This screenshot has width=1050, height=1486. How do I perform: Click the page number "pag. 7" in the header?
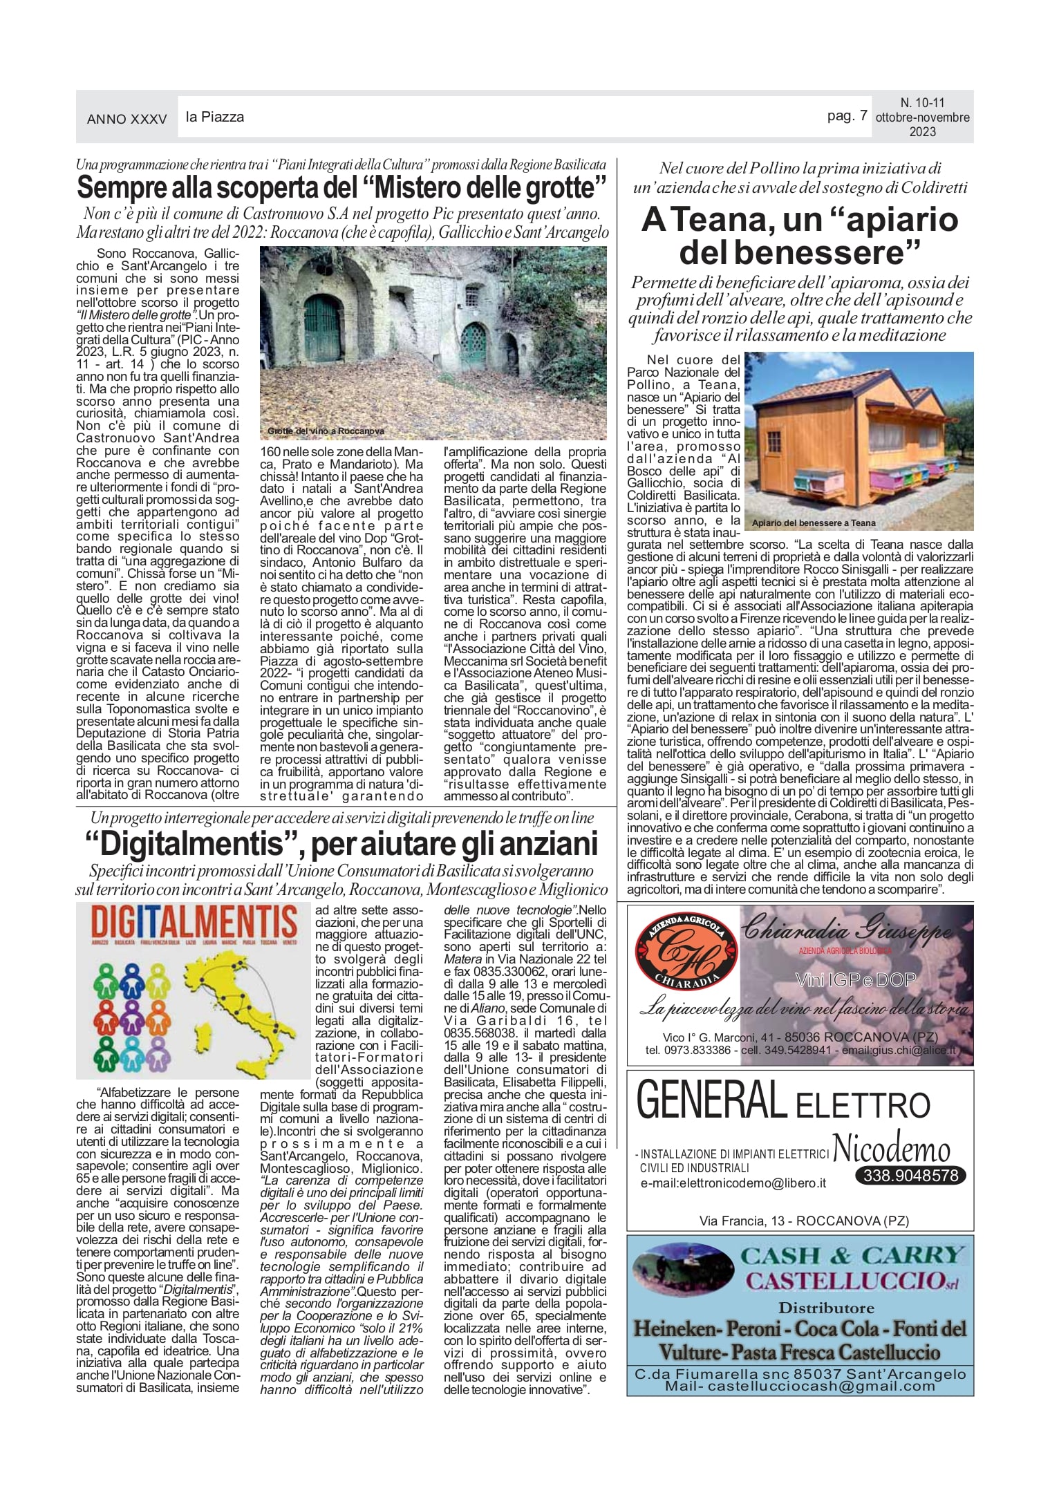pyautogui.click(x=847, y=116)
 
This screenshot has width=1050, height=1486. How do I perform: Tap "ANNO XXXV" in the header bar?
pyautogui.click(x=127, y=119)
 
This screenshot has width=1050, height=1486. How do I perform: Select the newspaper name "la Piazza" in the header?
pyautogui.click(x=215, y=117)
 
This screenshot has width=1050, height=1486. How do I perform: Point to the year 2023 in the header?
pyautogui.click(x=922, y=132)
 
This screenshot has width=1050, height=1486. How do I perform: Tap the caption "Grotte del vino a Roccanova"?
pyautogui.click(x=326, y=431)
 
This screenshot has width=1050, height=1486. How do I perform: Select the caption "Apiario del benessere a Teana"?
pyautogui.click(x=813, y=523)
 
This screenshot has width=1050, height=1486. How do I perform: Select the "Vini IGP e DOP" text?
pyautogui.click(x=855, y=979)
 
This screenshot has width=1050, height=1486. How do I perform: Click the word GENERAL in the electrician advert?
pyautogui.click(x=710, y=1101)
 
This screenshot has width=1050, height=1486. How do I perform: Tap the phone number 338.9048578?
pyautogui.click(x=910, y=1175)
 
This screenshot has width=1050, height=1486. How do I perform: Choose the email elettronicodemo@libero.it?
pyautogui.click(x=733, y=1183)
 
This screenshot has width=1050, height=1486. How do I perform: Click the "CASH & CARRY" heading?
pyautogui.click(x=852, y=1255)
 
